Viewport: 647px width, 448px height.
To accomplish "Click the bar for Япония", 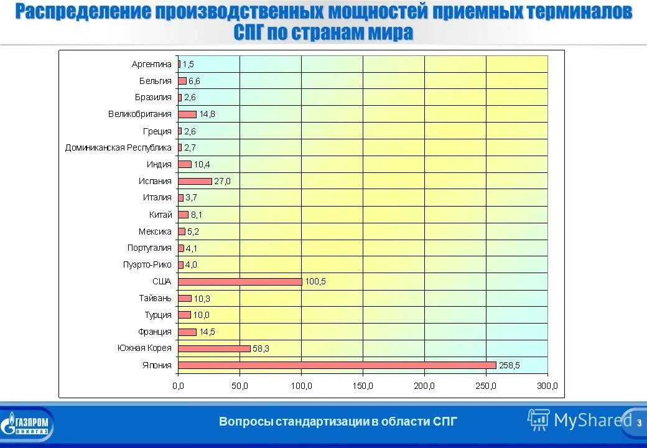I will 337,365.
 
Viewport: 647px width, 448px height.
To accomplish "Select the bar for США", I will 240,281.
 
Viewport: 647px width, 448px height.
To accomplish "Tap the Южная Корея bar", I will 214,348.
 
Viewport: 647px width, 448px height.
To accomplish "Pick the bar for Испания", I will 195,181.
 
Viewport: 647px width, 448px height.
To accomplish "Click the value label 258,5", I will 510,365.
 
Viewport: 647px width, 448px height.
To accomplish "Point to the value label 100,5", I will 315,281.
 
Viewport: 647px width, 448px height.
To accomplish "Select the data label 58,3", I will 261,348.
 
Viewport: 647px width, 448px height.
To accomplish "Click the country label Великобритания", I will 139,114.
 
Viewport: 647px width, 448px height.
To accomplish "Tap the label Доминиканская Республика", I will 118,147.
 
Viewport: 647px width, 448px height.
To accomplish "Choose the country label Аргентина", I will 151,64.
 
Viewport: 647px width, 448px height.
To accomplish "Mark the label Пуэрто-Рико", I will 147,264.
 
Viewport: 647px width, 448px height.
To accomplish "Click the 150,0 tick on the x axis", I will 363,386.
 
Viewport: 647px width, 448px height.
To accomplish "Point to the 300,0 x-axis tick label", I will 547,386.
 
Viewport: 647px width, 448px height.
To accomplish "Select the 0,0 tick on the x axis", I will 178,386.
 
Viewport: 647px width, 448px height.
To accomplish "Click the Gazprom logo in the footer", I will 27,425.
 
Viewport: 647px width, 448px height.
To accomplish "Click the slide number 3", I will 638,422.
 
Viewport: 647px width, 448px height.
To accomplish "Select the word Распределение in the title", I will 83,11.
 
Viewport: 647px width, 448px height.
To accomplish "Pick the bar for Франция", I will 187,332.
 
